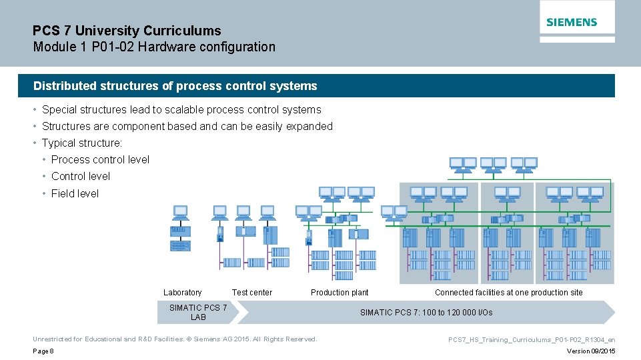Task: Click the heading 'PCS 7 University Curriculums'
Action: [x=127, y=31]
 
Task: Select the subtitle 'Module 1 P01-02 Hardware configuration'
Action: [x=154, y=47]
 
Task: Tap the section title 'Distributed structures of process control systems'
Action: [x=175, y=86]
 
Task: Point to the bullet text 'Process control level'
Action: [x=100, y=160]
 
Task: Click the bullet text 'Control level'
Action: [x=81, y=177]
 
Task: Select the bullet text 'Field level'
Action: [x=75, y=194]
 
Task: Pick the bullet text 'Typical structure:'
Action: [x=82, y=143]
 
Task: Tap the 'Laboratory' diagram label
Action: [x=182, y=293]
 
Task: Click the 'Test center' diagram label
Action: [x=252, y=293]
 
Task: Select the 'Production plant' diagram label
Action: [x=340, y=293]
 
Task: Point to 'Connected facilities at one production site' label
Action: [x=508, y=293]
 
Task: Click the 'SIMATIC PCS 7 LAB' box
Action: [x=198, y=312]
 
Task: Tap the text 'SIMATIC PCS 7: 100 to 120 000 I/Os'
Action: [x=426, y=313]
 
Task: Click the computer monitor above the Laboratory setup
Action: [x=180, y=212]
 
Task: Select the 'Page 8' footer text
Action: [x=43, y=351]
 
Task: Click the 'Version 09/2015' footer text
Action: [x=590, y=351]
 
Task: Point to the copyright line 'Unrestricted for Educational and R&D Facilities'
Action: [x=175, y=339]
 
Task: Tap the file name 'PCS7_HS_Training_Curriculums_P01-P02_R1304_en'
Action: [x=532, y=340]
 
